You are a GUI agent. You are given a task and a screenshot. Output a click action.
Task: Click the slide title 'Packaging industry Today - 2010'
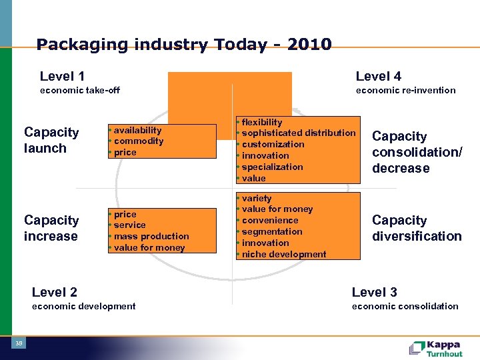[x=184, y=45]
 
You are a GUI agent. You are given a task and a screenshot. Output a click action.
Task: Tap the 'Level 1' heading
[x=62, y=77]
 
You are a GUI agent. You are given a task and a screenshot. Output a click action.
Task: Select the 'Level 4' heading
[x=378, y=77]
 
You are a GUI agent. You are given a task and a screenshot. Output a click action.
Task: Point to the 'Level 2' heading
[x=54, y=292]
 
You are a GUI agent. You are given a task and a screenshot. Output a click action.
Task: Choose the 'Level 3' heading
[x=374, y=292]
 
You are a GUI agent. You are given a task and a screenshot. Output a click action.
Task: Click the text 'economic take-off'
[x=80, y=90]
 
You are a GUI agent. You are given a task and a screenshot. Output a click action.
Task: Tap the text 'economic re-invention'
[x=405, y=90]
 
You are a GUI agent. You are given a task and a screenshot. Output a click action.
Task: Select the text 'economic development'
[x=83, y=306]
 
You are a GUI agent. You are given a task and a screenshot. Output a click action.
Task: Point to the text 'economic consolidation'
[x=405, y=306]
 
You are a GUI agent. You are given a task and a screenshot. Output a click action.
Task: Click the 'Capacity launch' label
[x=51, y=140]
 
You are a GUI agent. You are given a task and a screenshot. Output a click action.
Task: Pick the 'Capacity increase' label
[x=51, y=228]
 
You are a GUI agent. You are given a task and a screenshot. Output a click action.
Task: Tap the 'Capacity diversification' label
[x=417, y=228]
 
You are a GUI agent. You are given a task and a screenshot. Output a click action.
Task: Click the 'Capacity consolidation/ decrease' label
[x=417, y=152]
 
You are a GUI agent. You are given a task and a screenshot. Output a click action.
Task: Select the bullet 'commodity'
[x=139, y=141]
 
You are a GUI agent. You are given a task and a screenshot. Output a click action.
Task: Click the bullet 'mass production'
[x=151, y=237]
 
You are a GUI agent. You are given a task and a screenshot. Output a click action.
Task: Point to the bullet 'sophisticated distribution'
[x=299, y=133]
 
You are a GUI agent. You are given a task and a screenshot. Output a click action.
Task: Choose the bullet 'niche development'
[x=284, y=254]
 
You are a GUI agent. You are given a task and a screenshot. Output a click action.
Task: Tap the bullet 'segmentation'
[x=272, y=231]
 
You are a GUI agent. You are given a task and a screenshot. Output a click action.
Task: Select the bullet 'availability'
[x=137, y=131]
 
